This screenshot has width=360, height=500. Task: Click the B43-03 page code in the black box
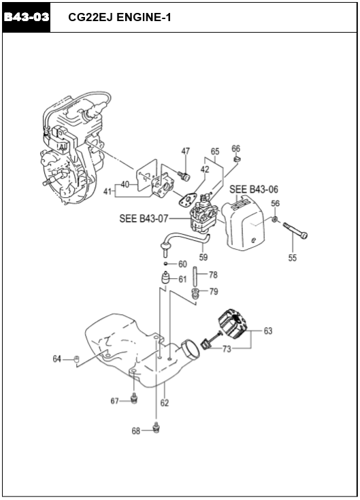pyautogui.click(x=26, y=17)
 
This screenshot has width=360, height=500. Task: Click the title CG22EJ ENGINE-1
pyautogui.click(x=120, y=17)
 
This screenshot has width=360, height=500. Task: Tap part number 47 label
pyautogui.click(x=186, y=151)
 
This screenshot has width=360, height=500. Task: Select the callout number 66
pyautogui.click(x=236, y=148)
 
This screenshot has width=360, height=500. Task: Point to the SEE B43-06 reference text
pyautogui.click(x=254, y=189)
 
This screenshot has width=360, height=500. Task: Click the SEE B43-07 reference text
pyautogui.click(x=144, y=218)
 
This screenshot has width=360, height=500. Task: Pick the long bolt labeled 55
pyautogui.click(x=295, y=231)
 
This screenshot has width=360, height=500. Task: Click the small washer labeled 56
pyautogui.click(x=274, y=219)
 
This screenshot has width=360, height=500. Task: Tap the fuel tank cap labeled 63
pyautogui.click(x=233, y=322)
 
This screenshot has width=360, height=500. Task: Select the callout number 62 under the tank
pyautogui.click(x=165, y=403)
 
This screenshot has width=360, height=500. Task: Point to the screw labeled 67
pyautogui.click(x=134, y=398)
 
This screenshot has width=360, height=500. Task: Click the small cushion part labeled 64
pyautogui.click(x=76, y=359)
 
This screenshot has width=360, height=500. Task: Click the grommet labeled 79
pyautogui.click(x=195, y=293)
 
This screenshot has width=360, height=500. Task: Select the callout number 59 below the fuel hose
pyautogui.click(x=203, y=256)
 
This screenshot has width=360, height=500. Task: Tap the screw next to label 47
pyautogui.click(x=184, y=176)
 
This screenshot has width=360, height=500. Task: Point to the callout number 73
pyautogui.click(x=227, y=349)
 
